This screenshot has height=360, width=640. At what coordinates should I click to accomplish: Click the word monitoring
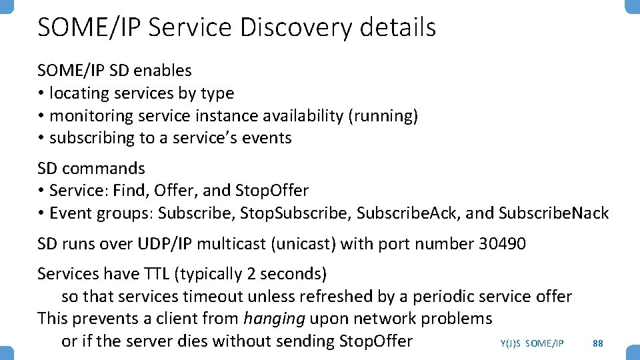click(x=91, y=115)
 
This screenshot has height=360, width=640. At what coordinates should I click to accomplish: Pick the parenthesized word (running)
click(x=383, y=115)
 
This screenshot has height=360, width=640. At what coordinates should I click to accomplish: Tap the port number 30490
click(x=502, y=243)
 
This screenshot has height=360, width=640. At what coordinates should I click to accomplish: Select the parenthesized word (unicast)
click(x=303, y=243)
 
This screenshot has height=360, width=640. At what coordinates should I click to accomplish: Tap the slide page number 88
click(x=598, y=343)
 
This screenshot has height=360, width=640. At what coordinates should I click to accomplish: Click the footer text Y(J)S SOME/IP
click(x=531, y=343)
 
